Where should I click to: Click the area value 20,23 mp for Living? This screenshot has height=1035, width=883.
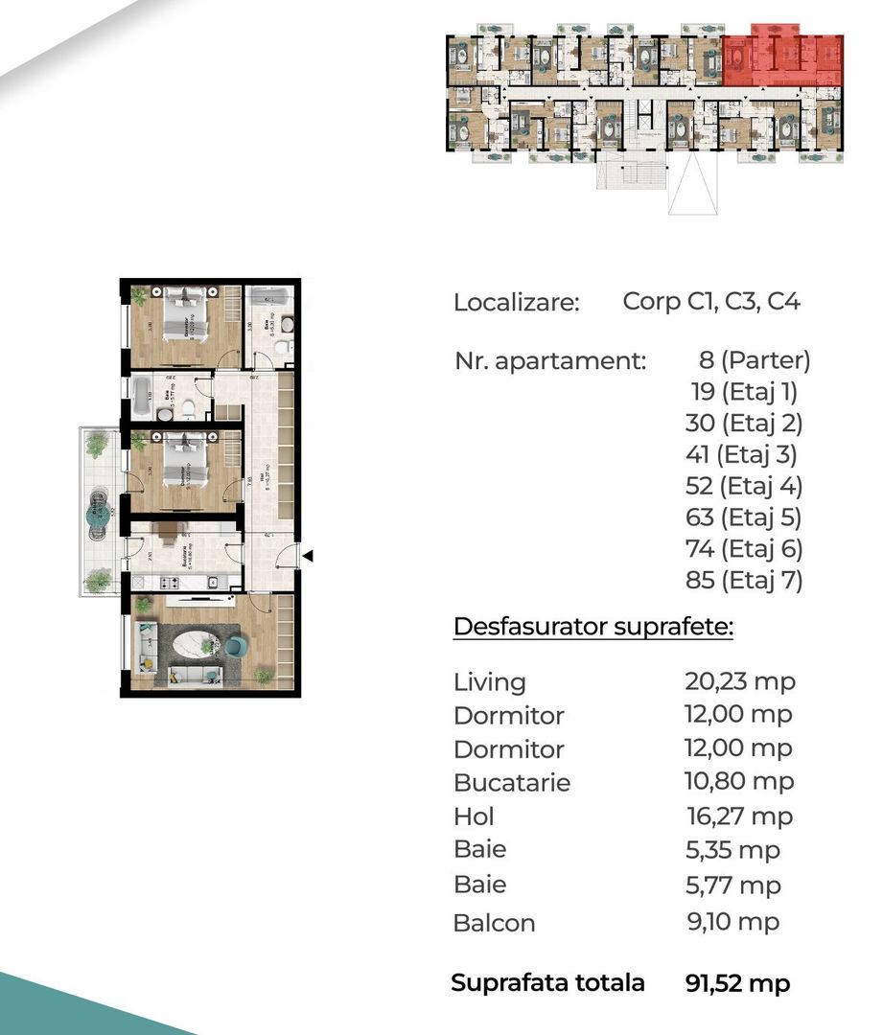(739, 681)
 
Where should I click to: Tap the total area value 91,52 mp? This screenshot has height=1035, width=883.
(738, 983)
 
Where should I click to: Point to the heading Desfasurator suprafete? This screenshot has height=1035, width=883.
(593, 628)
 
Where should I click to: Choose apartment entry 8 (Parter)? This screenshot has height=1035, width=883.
(755, 360)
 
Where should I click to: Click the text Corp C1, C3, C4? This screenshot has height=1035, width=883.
(710, 302)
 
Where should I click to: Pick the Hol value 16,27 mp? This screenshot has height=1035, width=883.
(739, 816)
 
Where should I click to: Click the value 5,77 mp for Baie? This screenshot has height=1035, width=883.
(732, 885)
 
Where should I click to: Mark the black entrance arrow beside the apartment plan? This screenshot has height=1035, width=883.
(307, 554)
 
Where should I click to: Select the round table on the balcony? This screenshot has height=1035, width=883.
(99, 514)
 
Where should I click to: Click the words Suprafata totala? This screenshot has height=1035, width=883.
(547, 983)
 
